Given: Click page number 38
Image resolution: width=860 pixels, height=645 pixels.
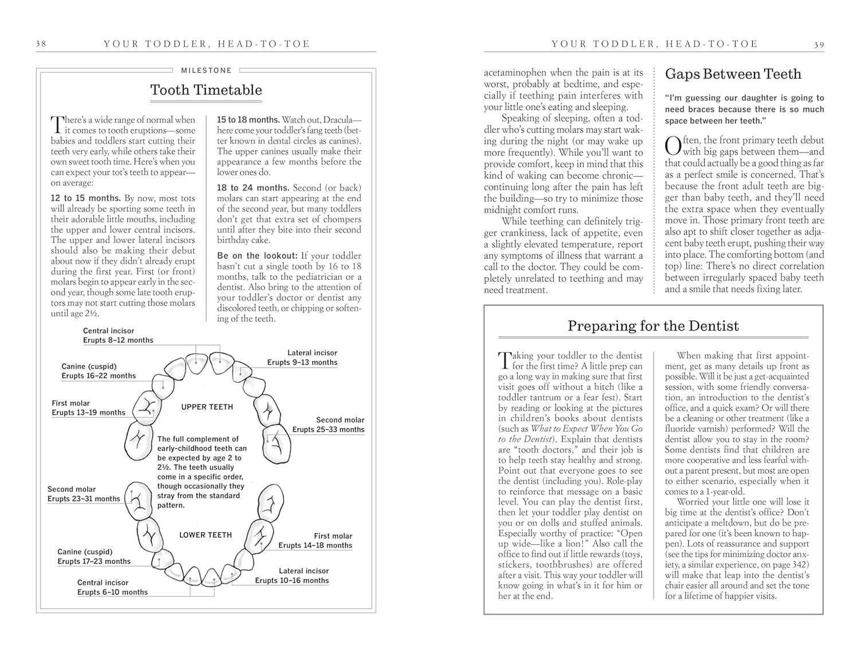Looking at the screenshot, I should pos(41,44).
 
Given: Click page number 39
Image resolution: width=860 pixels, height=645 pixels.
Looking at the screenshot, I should pos(819,44).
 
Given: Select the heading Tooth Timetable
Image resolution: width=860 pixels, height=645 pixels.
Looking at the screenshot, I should pos(206,90).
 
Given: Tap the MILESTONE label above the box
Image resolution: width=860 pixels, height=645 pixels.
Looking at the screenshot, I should pos(206,71).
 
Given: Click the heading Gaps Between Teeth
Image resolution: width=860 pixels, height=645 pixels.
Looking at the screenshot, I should pos(733,74).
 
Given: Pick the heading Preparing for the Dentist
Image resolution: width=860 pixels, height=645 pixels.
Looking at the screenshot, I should pos(653,326).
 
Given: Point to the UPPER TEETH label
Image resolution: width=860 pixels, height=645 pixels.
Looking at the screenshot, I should pos(207,407).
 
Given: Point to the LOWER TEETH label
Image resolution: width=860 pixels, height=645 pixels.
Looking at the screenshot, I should pos(205,535).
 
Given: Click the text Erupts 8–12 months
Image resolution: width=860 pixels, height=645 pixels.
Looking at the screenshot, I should pos(118,340).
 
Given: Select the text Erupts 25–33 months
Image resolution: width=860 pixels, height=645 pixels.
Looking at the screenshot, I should pos(328,429).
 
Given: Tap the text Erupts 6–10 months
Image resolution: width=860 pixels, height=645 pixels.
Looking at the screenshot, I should pos(112,592).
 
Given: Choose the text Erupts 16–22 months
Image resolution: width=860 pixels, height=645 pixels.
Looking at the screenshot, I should pos(99,376).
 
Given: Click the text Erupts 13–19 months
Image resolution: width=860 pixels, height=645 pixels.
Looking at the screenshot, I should pos(88,412).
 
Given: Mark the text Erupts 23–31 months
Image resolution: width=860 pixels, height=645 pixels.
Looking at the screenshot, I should pos(84,499).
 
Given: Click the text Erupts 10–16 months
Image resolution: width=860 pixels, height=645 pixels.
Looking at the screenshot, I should pos(292,580).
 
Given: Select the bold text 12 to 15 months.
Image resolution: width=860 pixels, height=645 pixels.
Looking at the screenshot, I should pos(85,198).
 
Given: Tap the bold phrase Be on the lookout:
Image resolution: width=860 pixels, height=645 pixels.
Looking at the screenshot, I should pos(257,256).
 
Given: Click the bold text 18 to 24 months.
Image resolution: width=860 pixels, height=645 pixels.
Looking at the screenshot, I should pos(253,188).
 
